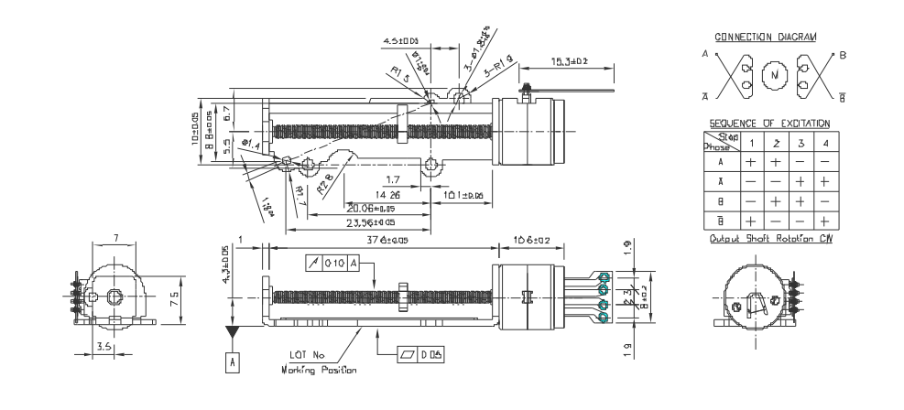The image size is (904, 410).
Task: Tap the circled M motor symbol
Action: click(x=774, y=72)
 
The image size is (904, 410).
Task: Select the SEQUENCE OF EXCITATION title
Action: click(x=770, y=123)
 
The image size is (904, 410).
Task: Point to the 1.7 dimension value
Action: click(x=392, y=178)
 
